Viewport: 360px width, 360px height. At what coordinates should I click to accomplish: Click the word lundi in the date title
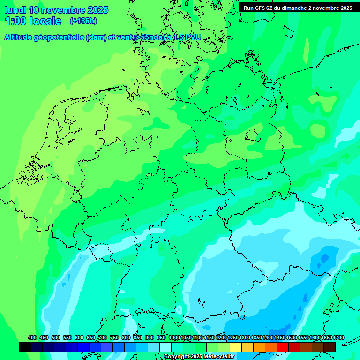(x=15, y=10)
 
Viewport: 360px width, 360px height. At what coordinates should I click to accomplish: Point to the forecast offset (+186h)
(x=83, y=21)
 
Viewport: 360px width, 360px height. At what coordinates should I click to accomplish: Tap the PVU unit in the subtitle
(x=192, y=37)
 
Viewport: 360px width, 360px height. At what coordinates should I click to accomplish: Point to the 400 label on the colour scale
(x=32, y=337)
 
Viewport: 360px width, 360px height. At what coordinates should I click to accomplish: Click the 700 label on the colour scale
(x=103, y=337)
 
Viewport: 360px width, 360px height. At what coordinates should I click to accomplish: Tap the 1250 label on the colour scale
(x=233, y=337)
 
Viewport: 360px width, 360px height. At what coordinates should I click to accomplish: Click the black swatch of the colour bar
(x=25, y=347)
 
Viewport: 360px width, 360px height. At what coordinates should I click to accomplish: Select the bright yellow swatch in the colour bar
(x=236, y=347)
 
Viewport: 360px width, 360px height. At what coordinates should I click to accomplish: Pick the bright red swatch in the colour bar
(x=283, y=347)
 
